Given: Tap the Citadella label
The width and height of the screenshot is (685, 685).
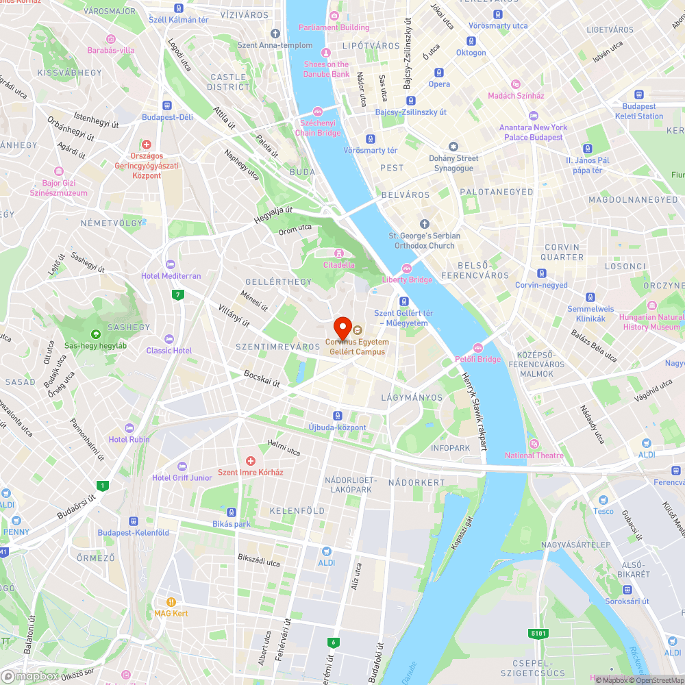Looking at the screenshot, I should pyautogui.click(x=339, y=264).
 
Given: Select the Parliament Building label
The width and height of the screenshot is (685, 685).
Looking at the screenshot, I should pyautogui.click(x=334, y=27).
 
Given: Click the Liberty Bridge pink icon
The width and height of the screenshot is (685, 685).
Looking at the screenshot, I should pyautogui.click(x=407, y=269).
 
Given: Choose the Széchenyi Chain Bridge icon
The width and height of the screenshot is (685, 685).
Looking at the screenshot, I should pyautogui.click(x=317, y=112).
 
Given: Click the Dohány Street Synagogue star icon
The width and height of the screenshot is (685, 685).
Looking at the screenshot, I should pyautogui.click(x=453, y=147).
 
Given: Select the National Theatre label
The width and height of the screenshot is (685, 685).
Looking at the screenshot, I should pyautogui.click(x=534, y=456).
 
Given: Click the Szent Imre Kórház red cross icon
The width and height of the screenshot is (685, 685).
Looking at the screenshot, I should pyautogui.click(x=250, y=461).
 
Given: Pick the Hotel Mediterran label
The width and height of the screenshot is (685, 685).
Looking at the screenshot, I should pyautogui.click(x=171, y=275).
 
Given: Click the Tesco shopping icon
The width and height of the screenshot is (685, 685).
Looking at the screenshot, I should pyautogui.click(x=603, y=501).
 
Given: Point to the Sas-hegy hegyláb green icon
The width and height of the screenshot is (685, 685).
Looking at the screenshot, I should pyautogui.click(x=95, y=334).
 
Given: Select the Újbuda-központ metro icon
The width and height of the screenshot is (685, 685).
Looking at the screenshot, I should pyautogui.click(x=337, y=416).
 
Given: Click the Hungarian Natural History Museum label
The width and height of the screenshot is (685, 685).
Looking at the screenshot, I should pyautogui.click(x=651, y=322).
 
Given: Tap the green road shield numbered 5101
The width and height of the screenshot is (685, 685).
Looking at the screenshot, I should pyautogui.click(x=538, y=634).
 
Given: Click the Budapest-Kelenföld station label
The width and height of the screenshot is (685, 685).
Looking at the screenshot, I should pyautogui.click(x=133, y=533).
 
